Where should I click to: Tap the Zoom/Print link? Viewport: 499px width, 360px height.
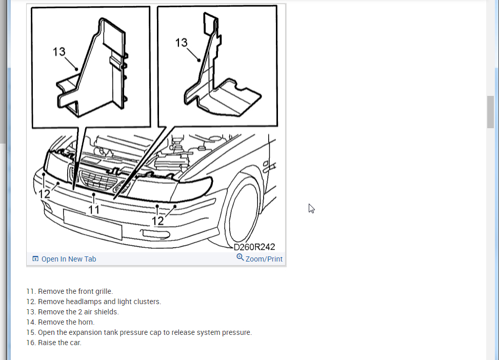click(264, 259)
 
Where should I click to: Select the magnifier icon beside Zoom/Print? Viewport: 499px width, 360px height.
click(240, 257)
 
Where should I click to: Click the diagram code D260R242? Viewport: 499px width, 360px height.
click(254, 247)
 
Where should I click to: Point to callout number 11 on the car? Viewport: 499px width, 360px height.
click(94, 210)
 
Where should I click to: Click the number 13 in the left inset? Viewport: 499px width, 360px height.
click(59, 52)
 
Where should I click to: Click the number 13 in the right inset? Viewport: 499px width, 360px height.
click(182, 43)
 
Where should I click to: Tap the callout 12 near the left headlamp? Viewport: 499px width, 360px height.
click(44, 194)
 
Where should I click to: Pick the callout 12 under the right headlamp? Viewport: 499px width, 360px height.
click(157, 221)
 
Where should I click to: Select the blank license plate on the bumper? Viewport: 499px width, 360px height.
click(93, 224)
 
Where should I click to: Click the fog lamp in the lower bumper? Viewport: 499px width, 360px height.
click(155, 234)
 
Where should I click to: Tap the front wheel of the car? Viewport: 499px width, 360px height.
click(244, 212)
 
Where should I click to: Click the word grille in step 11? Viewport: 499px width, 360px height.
click(104, 292)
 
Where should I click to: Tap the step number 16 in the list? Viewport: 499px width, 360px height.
click(31, 343)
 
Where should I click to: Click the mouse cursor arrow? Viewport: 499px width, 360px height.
click(312, 209)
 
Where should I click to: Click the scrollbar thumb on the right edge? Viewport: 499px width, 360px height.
click(490, 112)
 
